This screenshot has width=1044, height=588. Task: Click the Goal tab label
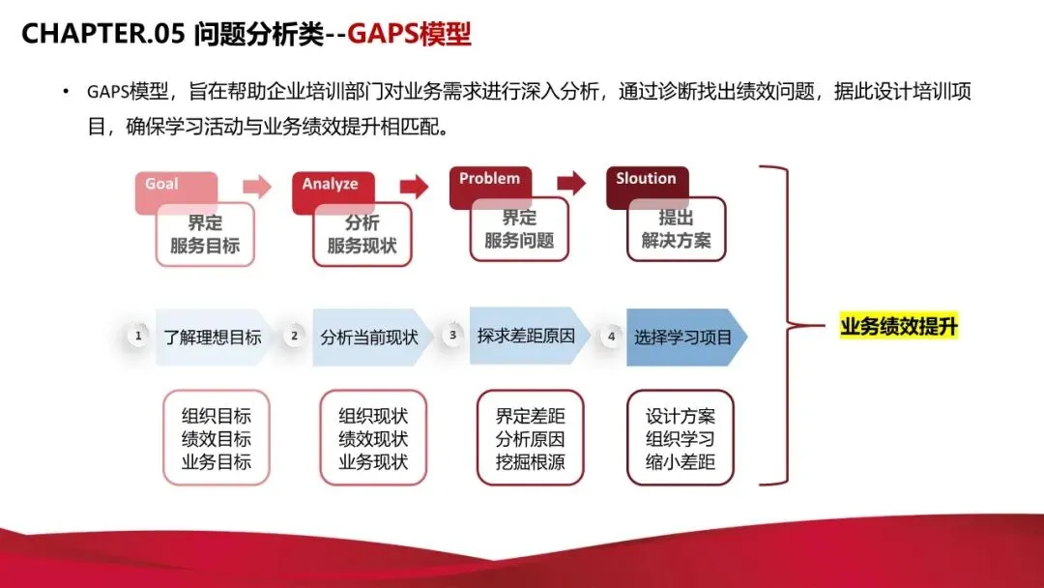tap(161, 184)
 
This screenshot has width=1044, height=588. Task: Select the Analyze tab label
tap(330, 184)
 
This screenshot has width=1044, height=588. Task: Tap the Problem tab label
tap(489, 179)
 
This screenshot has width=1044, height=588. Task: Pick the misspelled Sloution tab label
tap(646, 179)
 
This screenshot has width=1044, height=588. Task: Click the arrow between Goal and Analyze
tap(257, 186)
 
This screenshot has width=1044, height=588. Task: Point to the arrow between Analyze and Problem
tap(414, 185)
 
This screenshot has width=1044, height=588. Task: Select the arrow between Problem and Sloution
tap(571, 181)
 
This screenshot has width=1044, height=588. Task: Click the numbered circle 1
tap(138, 337)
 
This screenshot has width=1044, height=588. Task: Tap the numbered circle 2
tap(295, 337)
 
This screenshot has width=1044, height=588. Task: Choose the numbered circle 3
tap(452, 336)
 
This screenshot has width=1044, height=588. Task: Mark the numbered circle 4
tap(610, 337)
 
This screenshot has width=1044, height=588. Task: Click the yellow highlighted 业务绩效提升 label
tap(899, 327)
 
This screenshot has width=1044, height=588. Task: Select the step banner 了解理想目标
tap(213, 338)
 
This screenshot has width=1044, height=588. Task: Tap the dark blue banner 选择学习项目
tap(683, 338)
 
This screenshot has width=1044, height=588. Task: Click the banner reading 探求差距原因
tap(526, 337)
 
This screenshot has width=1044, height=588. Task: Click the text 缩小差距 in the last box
tap(681, 462)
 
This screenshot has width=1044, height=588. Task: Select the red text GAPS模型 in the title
tap(410, 34)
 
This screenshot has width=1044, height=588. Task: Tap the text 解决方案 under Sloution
tap(676, 241)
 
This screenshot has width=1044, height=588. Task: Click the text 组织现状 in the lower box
tap(373, 417)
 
